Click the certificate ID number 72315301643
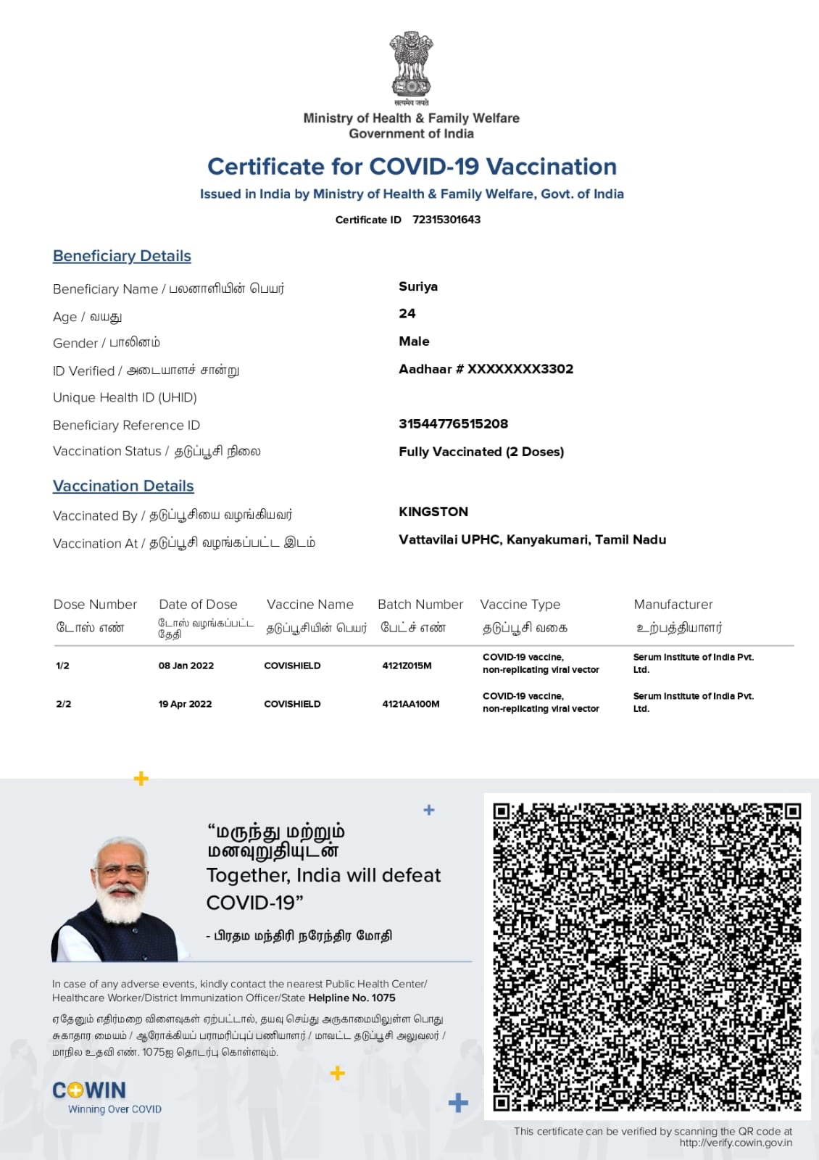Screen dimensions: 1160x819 (446, 220)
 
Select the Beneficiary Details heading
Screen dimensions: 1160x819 (122, 256)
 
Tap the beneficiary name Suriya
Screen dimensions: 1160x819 (418, 286)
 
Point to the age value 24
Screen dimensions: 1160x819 (407, 314)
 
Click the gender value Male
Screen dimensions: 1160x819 (414, 341)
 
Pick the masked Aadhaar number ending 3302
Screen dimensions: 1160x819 (486, 369)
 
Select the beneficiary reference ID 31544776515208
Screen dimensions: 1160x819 (453, 424)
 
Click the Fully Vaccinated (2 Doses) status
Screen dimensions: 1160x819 (481, 452)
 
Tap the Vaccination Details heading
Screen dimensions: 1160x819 (123, 486)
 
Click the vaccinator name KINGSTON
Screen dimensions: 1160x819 (433, 512)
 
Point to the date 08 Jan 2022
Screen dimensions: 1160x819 (186, 666)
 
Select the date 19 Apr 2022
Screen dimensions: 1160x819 (186, 704)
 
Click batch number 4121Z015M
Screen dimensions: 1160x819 (407, 666)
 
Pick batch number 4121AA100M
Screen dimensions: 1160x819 (411, 704)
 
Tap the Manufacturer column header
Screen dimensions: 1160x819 (673, 605)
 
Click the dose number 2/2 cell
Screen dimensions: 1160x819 (64, 704)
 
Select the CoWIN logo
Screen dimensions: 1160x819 (89, 1091)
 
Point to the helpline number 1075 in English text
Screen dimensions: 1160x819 (383, 998)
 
